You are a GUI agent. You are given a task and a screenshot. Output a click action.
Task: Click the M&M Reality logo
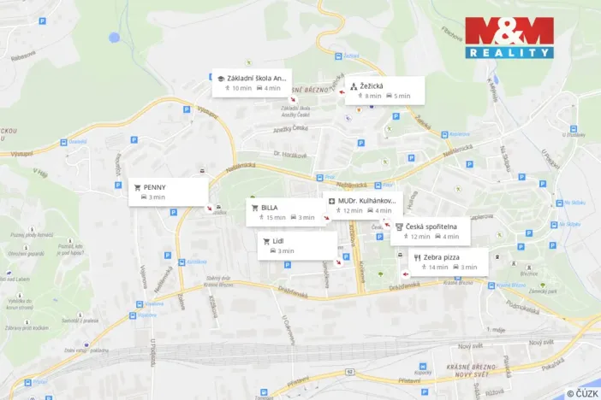[509, 37]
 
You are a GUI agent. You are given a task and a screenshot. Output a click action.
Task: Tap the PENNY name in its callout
[155, 186]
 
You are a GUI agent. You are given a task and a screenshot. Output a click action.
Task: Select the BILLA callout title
[270, 207]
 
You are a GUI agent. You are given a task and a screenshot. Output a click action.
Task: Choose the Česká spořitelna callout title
[431, 226]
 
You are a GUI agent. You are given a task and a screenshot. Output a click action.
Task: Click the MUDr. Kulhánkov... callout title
[366, 200]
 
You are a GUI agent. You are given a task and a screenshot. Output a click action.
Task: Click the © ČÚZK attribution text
[581, 393]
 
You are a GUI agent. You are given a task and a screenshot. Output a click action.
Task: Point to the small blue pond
[114, 38]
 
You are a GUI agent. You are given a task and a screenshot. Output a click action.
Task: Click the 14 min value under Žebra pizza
[438, 268]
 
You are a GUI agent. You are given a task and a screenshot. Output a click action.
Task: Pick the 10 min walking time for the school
[241, 88]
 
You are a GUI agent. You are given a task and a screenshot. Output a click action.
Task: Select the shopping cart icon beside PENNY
[136, 186]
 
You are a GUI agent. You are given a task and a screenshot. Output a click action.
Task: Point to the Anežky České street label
[289, 127]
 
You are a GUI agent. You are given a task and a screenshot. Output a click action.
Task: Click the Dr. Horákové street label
[289, 154]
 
